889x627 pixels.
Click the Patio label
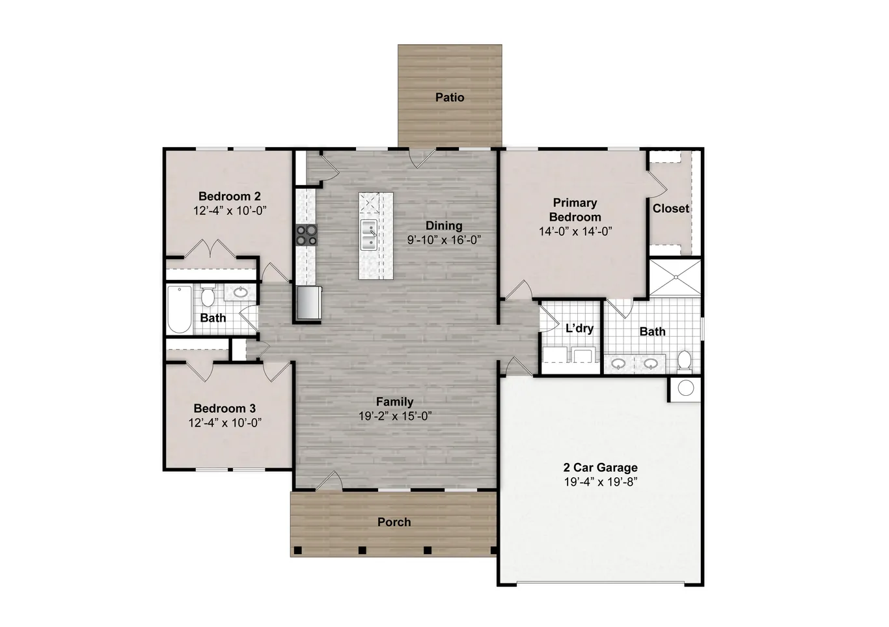tap(450, 98)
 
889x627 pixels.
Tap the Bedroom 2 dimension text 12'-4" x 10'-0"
tap(230, 211)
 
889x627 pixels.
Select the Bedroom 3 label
tap(225, 408)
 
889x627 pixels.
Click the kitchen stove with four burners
tap(307, 234)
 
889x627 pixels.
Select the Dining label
tap(444, 226)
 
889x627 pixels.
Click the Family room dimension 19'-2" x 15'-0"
tap(395, 416)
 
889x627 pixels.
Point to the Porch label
tap(394, 522)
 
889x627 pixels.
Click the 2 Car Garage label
tap(600, 467)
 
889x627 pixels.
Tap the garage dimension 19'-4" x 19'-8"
tap(600, 482)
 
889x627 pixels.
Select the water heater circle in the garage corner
tap(685, 389)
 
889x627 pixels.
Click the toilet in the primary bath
tap(684, 360)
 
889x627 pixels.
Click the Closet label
tap(671, 208)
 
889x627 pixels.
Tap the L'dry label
tap(579, 328)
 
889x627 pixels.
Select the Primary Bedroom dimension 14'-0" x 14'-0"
tap(575, 232)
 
